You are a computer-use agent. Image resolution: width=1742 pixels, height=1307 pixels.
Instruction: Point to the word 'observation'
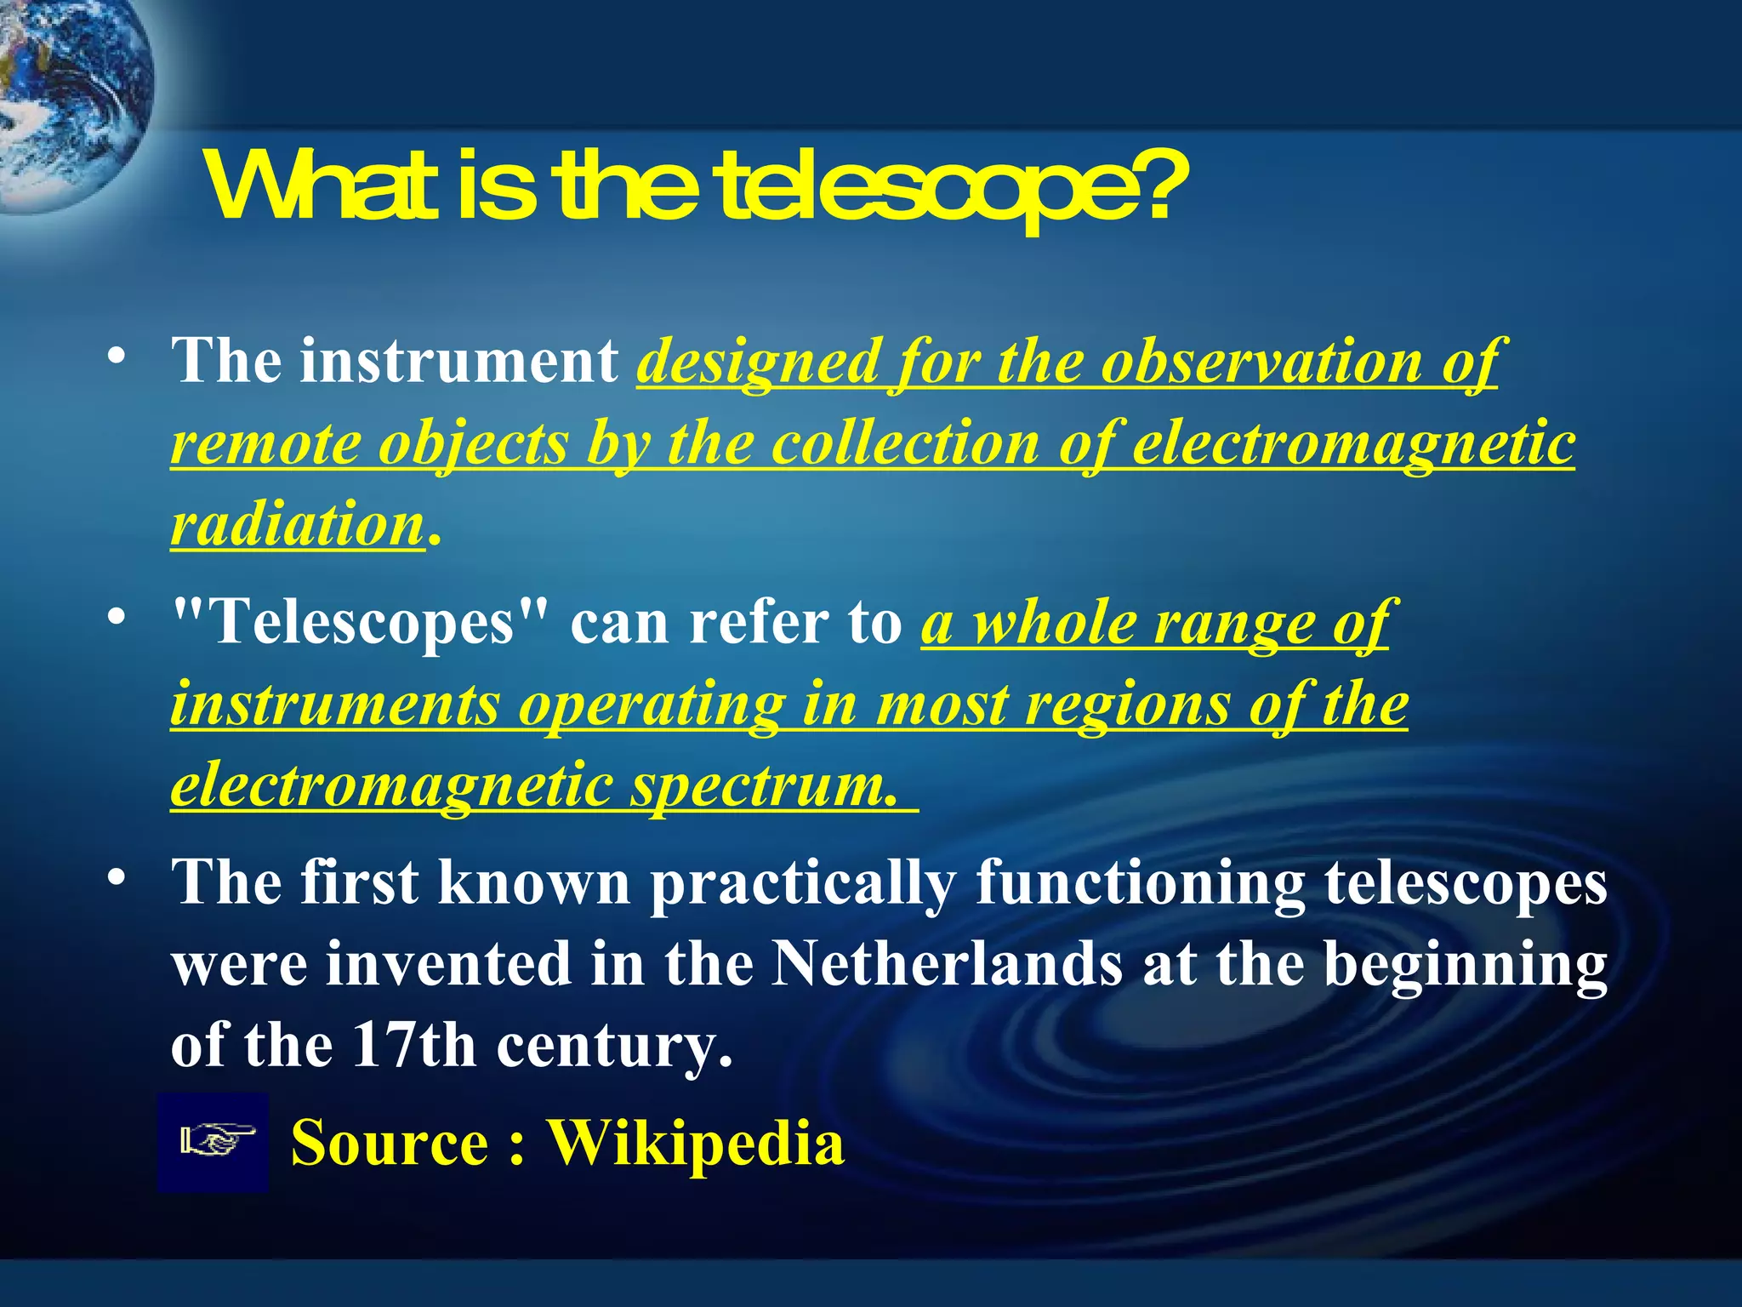tap(1261, 362)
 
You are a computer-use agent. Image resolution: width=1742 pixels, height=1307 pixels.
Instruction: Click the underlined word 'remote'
tap(265, 444)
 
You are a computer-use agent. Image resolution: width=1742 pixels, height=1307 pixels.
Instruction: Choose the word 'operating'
tap(652, 705)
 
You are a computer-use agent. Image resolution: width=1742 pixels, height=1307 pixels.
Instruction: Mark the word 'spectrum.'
tap(764, 786)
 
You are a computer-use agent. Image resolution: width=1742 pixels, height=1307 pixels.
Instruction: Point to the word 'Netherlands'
tap(946, 964)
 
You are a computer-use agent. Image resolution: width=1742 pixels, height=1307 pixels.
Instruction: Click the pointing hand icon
tap(213, 1142)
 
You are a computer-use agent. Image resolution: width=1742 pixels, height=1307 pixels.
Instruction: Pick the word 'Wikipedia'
tap(695, 1142)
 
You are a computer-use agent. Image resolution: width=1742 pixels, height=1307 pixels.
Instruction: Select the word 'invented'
tap(449, 964)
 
